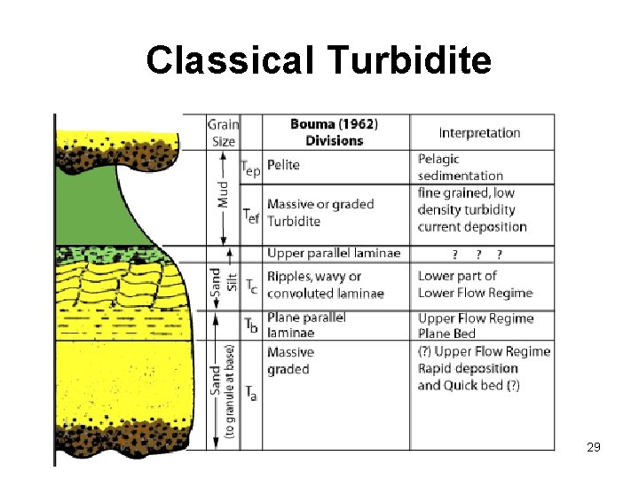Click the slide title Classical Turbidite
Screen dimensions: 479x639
pyautogui.click(x=319, y=60)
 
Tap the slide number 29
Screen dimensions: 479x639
pyautogui.click(x=594, y=447)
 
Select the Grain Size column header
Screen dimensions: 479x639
pyautogui.click(x=223, y=132)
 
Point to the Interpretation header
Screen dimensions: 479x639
pyautogui.click(x=479, y=133)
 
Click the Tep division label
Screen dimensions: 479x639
pyautogui.click(x=251, y=166)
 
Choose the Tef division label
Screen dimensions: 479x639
pyautogui.click(x=251, y=213)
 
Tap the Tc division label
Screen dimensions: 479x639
pyautogui.click(x=252, y=285)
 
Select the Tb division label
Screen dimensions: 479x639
pyautogui.click(x=251, y=326)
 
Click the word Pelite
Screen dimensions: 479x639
pyautogui.click(x=283, y=165)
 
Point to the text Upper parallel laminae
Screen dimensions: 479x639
pyautogui.click(x=334, y=254)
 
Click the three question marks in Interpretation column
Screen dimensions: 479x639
pyautogui.click(x=477, y=255)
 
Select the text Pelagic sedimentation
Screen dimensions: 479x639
pyautogui.click(x=460, y=167)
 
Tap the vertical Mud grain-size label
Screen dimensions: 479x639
pyautogui.click(x=223, y=200)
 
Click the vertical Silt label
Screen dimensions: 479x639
pyautogui.click(x=232, y=280)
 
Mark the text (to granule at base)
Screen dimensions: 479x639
pyautogui.click(x=230, y=391)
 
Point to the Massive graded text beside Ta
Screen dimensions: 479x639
pyautogui.click(x=289, y=361)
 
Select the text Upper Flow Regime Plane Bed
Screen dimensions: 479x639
pyautogui.click(x=475, y=326)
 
